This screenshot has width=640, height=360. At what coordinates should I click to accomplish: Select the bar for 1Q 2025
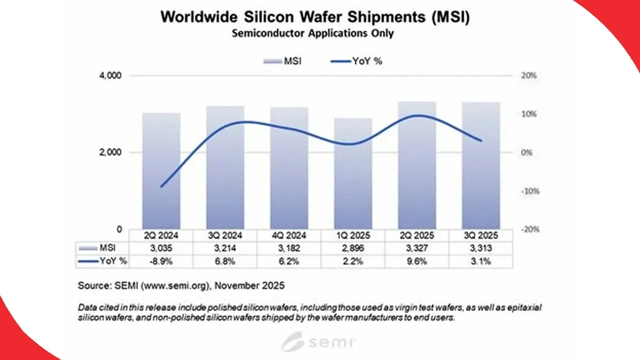click(x=353, y=175)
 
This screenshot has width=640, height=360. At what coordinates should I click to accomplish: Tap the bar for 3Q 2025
click(x=480, y=165)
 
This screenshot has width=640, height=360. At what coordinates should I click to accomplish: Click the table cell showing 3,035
click(x=161, y=248)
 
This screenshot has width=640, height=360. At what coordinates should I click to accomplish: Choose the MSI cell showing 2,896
click(x=353, y=248)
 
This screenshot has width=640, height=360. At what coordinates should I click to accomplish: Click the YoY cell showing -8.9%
click(x=161, y=261)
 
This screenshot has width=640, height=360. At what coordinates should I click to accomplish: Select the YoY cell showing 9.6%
click(x=416, y=261)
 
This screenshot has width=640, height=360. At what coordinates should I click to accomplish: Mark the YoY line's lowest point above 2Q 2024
click(x=161, y=186)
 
